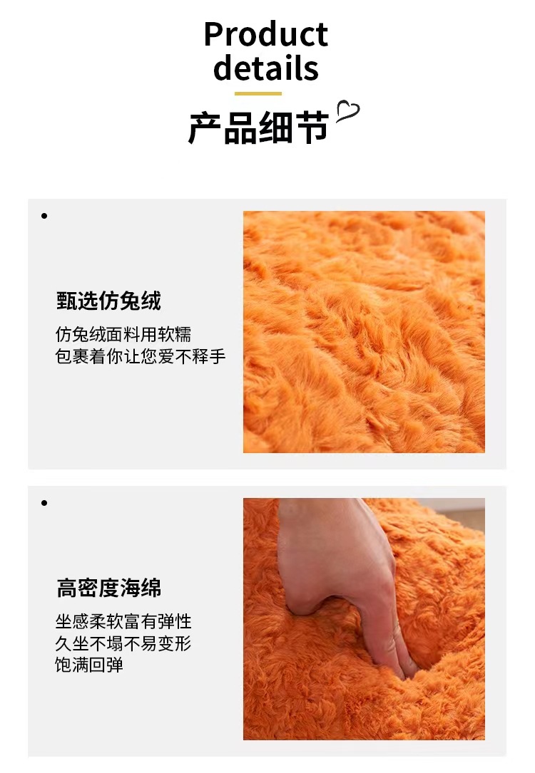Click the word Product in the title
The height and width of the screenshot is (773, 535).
click(265, 35)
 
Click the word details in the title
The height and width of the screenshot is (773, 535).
click(265, 68)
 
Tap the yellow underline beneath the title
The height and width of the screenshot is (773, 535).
click(258, 93)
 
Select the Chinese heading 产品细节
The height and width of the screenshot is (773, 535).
click(258, 128)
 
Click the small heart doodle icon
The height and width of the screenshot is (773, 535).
click(347, 112)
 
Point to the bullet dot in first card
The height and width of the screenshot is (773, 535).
click(44, 215)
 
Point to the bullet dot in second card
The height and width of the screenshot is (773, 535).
click(44, 503)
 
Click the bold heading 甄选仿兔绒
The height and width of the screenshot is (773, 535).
click(108, 301)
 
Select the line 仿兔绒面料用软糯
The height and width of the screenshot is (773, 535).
click(123, 335)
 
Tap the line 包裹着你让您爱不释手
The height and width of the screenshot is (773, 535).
click(141, 357)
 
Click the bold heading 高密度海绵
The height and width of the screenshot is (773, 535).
click(108, 588)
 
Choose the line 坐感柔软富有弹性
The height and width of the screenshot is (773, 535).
click(123, 621)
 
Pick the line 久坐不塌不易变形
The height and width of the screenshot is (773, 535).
click(123, 644)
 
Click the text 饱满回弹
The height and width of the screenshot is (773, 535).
click(89, 665)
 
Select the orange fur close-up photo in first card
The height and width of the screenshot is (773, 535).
click(364, 331)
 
